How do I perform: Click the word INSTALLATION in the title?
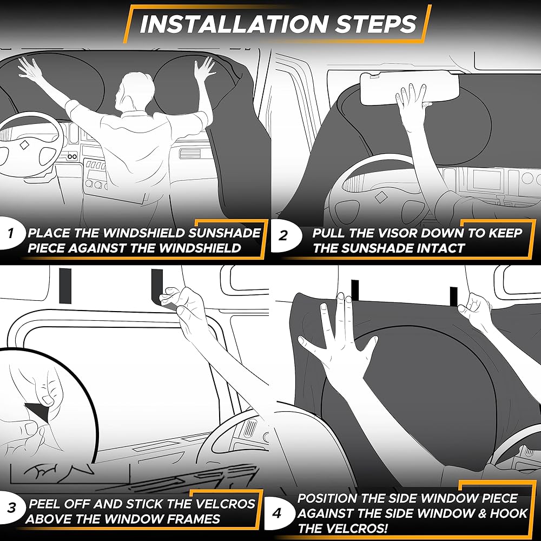click(x=234, y=24)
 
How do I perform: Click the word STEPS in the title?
click(x=376, y=24)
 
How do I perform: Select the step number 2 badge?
click(x=283, y=236)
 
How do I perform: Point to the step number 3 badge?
click(x=11, y=508)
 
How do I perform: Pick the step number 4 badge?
click(x=276, y=513)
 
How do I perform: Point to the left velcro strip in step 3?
click(x=65, y=286)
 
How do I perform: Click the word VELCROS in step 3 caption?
click(x=225, y=504)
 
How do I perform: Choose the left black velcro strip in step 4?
click(x=355, y=291)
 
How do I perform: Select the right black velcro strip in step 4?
click(x=454, y=296)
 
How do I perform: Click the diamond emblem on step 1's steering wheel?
click(x=24, y=145)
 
